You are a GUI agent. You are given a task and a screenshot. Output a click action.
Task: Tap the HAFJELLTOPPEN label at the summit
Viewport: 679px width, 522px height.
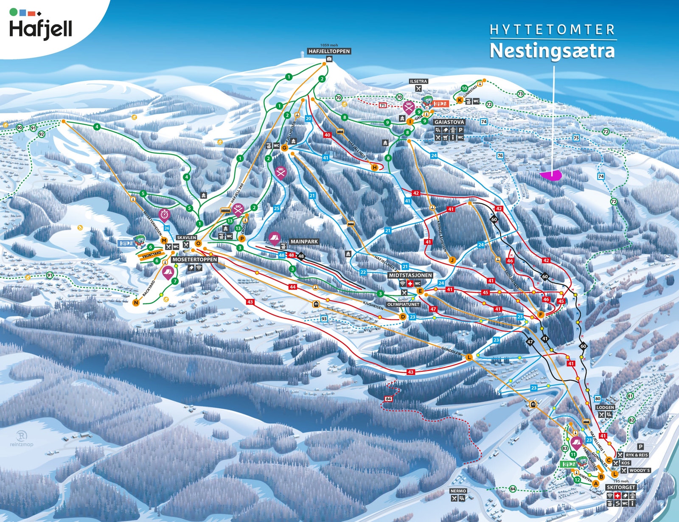pos(329,51)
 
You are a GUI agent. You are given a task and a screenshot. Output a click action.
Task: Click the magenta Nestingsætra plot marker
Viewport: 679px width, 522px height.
pos(551,175)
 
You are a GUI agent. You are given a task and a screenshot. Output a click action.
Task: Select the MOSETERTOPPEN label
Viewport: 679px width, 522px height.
pos(195,259)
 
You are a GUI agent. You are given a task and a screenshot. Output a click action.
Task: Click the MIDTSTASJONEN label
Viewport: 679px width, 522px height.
pos(410,275)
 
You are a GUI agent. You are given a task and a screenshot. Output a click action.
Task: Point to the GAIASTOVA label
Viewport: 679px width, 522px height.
pos(449,122)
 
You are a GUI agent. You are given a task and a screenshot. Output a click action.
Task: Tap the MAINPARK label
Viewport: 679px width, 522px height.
pos(304,241)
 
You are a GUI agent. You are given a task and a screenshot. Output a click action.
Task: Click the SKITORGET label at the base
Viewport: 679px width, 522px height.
pos(620,487)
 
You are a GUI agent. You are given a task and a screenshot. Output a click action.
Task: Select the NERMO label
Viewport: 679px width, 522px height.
pos(458,491)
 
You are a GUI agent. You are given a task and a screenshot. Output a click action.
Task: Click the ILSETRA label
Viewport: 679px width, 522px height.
pos(418,81)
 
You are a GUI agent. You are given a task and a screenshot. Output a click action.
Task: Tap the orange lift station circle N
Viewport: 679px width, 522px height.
pos(136,303)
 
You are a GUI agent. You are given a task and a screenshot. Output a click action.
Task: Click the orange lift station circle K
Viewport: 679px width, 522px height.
pos(460,101)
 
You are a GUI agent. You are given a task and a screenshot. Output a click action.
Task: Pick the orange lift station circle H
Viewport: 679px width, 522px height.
pos(374,168)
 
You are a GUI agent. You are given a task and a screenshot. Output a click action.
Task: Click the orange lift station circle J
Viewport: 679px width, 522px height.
pos(452,260)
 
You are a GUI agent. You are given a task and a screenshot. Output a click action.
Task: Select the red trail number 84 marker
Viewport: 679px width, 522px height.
pos(388,399)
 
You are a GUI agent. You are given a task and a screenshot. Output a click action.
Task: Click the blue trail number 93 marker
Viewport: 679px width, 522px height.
pos(324,319)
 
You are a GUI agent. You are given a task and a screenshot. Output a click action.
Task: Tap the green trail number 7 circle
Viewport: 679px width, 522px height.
pos(174,281)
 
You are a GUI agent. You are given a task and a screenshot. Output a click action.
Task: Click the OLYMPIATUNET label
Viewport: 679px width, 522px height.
pos(403,304)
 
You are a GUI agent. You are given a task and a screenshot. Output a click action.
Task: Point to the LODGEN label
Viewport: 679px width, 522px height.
pos(605,407)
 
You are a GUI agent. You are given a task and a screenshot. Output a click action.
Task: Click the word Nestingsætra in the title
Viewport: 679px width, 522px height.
pos(552,51)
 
